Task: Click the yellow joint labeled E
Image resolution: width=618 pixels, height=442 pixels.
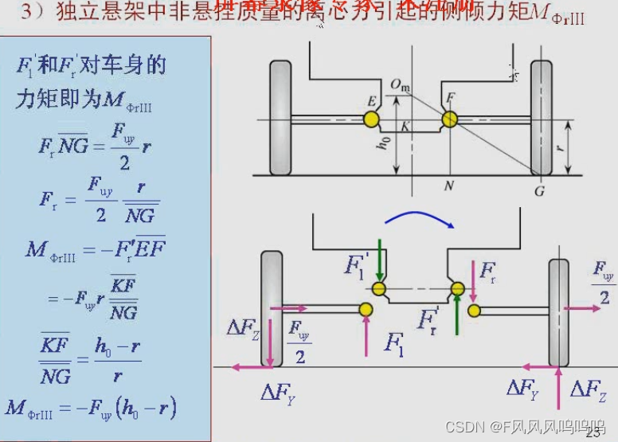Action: [371, 120]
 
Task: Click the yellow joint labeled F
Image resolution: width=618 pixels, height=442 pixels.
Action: [450, 119]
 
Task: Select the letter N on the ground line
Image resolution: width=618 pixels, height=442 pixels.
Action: [450, 186]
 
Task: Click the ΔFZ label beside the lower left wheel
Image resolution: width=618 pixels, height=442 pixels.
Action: [245, 328]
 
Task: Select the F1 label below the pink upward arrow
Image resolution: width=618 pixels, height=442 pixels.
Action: [394, 343]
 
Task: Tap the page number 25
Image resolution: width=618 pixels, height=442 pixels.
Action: [593, 432]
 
